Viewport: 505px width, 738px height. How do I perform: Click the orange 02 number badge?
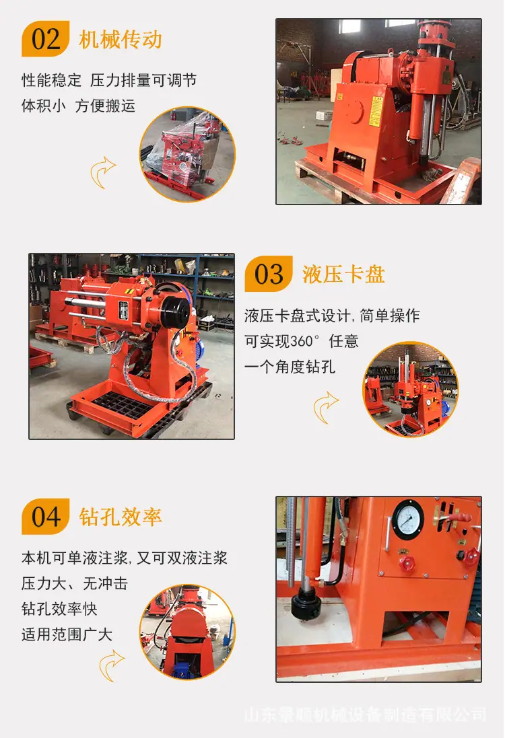[46, 39]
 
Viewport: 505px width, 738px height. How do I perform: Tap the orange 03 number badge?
[269, 274]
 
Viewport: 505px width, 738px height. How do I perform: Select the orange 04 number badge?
[46, 516]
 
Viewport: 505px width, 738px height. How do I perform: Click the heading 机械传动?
[121, 40]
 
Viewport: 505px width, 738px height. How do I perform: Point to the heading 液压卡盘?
[344, 274]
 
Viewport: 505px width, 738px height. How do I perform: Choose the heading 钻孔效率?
[121, 517]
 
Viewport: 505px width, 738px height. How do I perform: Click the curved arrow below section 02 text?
[102, 172]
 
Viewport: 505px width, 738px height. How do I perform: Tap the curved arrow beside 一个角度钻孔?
[325, 408]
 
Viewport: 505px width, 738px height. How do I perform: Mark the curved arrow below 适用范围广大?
[111, 665]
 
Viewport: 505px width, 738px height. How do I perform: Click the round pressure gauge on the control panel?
[408, 519]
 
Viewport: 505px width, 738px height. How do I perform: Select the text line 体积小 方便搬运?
[78, 106]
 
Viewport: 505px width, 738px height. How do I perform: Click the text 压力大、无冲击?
[75, 584]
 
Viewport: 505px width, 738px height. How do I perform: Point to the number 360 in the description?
[299, 341]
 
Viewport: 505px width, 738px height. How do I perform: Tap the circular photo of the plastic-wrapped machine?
[187, 154]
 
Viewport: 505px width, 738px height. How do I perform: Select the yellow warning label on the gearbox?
[376, 112]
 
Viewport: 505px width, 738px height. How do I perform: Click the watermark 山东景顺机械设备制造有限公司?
[366, 714]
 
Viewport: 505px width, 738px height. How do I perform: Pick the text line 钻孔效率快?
[59, 609]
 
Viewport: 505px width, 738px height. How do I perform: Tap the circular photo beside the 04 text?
[187, 632]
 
